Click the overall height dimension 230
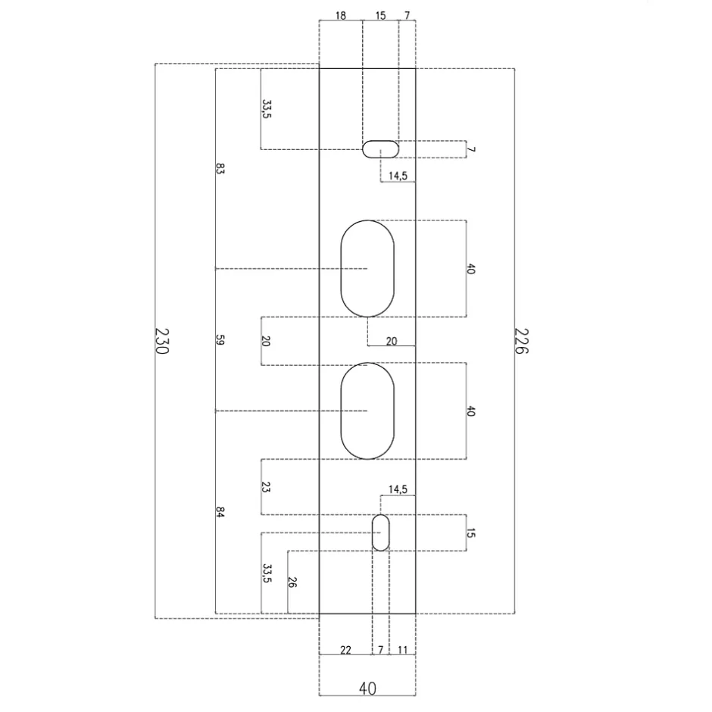161,341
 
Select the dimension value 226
521,341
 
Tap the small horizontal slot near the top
380,149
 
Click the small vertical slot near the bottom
380,532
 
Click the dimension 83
220,169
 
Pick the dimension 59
220,339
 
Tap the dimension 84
220,512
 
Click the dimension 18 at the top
341,16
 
